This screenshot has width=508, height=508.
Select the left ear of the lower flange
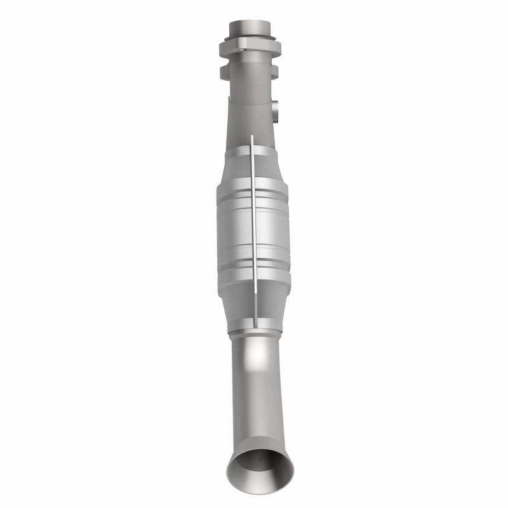pos(225,72)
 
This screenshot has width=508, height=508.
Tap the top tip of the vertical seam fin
pos(251,137)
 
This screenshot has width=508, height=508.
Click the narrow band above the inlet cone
pos(251,150)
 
